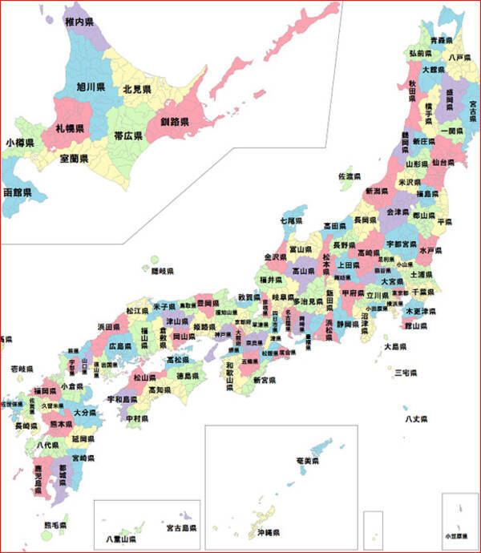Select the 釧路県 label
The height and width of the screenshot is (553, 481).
[174, 122]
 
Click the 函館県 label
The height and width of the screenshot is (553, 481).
[17, 193]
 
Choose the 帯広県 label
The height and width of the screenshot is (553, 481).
[128, 135]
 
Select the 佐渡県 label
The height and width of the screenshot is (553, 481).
[350, 176]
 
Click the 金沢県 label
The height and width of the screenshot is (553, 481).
[277, 257]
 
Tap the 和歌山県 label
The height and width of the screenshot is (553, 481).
[230, 374]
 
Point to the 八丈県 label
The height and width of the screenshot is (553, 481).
[416, 419]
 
